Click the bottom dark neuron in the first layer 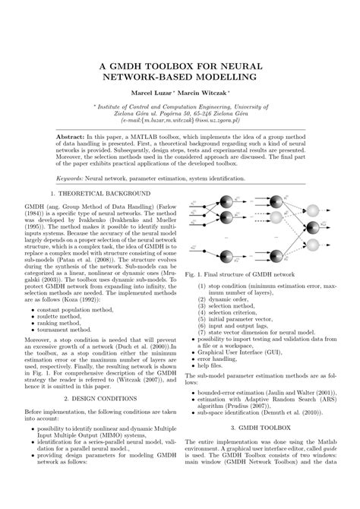tap(227, 256)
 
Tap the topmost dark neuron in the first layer tap(227, 201)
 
